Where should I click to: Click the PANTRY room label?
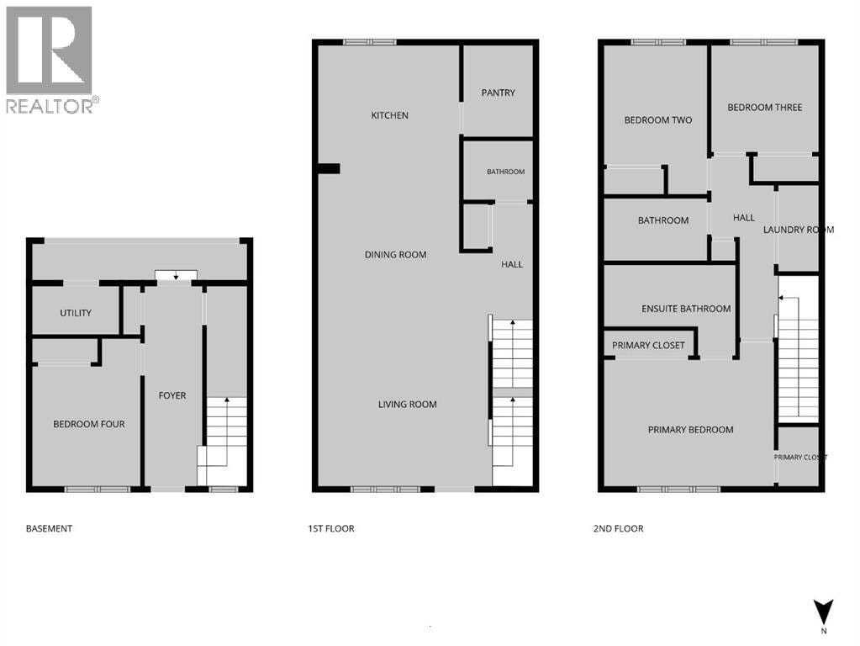(498, 93)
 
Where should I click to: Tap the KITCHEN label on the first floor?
(389, 115)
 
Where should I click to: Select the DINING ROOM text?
(395, 255)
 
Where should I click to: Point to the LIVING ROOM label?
(408, 405)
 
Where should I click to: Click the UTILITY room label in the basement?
(76, 313)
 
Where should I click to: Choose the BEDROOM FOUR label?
(89, 424)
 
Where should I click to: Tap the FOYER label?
(172, 395)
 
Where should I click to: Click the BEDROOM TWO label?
(658, 120)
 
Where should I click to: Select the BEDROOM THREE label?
(764, 108)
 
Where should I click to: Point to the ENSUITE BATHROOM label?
(686, 309)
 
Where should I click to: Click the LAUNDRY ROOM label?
(799, 230)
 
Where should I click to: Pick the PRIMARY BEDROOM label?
(690, 430)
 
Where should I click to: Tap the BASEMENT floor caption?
(50, 528)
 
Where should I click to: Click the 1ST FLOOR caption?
(331, 528)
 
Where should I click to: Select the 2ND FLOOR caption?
(618, 528)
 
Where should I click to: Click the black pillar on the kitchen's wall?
(329, 168)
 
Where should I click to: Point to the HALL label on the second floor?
(744, 218)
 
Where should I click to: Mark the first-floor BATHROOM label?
(506, 172)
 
